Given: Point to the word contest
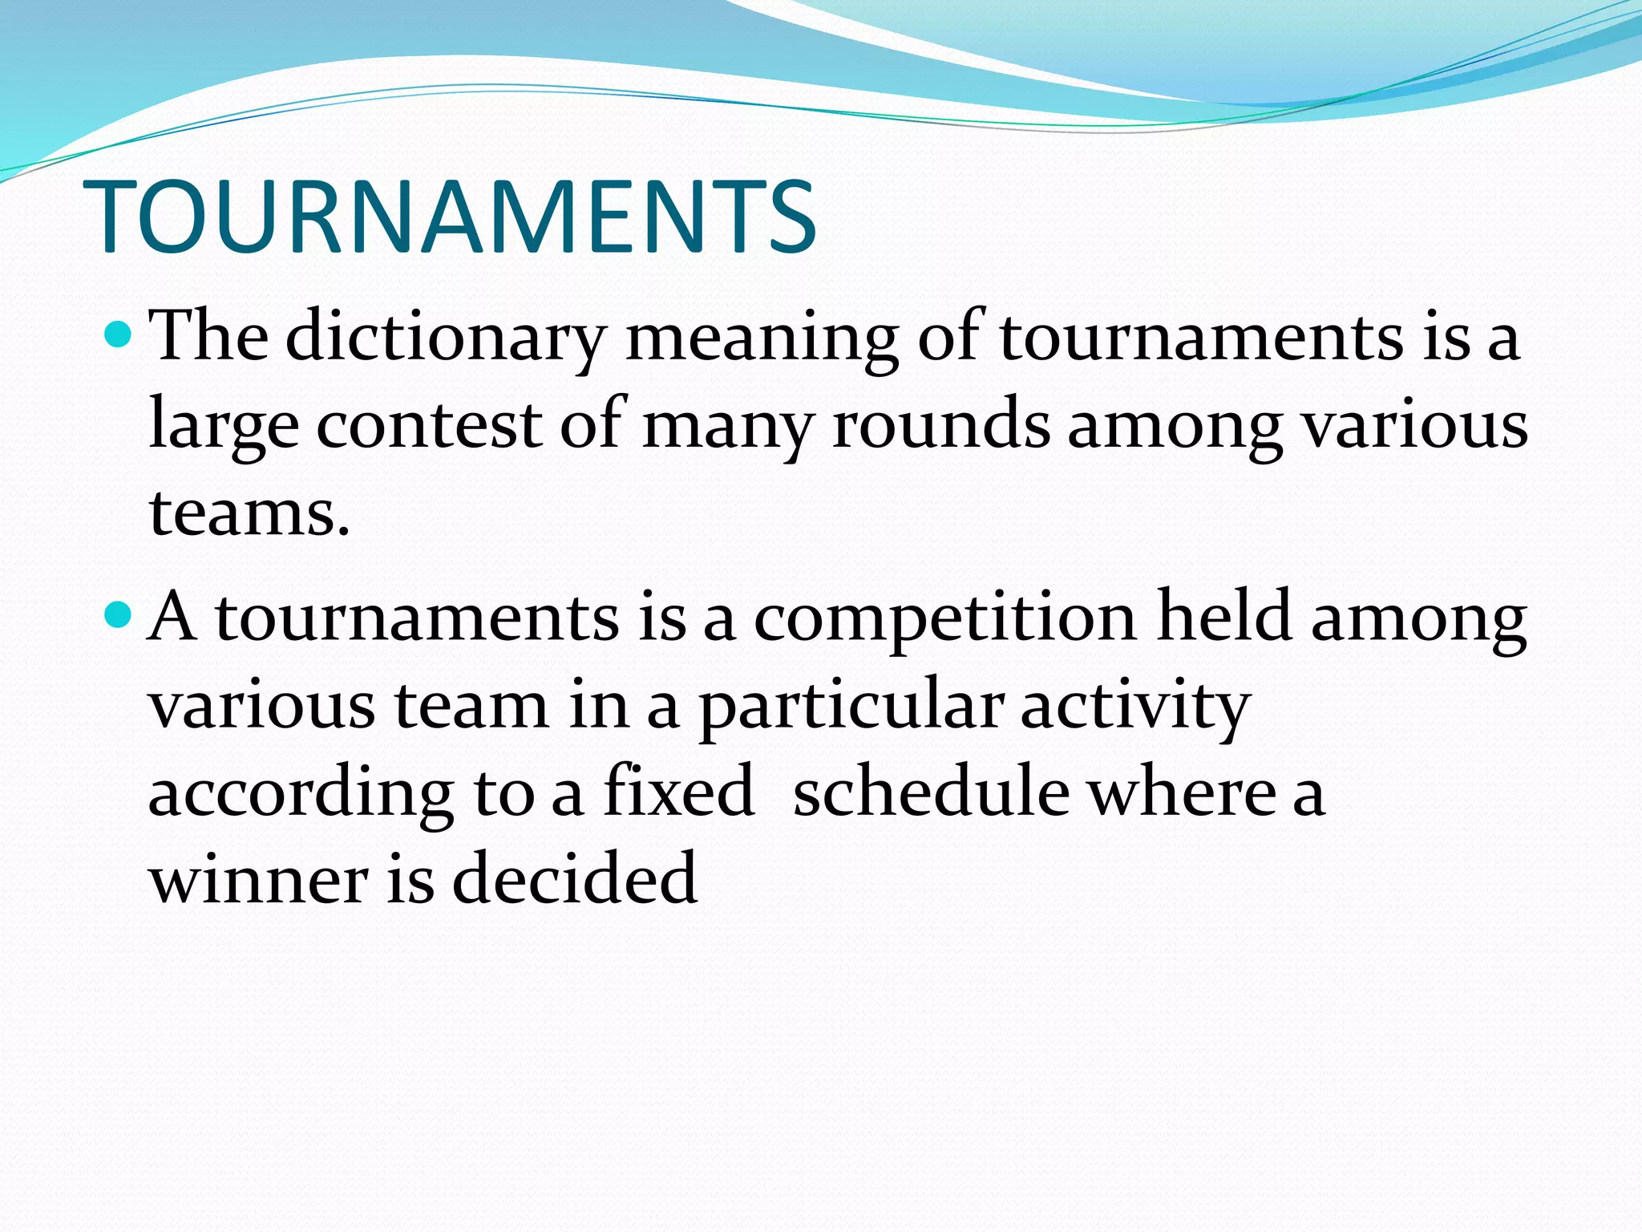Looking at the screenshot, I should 429,425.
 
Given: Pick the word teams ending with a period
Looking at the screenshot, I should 249,513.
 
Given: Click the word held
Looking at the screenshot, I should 1223,618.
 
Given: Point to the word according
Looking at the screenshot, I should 301,794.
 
